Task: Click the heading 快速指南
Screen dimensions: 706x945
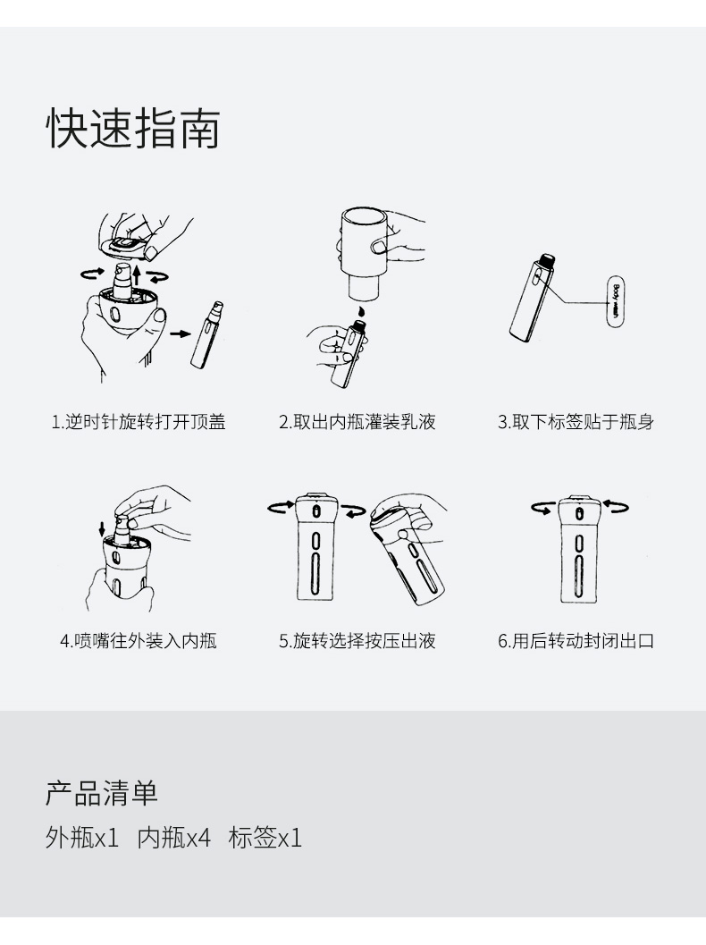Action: click(x=133, y=129)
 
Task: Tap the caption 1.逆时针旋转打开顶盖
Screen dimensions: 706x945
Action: click(x=139, y=422)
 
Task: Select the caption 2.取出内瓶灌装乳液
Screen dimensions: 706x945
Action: click(x=357, y=422)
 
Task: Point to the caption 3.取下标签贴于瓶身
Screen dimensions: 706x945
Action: click(x=576, y=422)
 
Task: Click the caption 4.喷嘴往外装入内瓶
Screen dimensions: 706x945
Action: click(x=139, y=641)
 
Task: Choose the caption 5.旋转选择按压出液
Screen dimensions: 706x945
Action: click(x=357, y=641)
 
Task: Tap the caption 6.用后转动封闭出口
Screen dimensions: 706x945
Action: click(x=576, y=641)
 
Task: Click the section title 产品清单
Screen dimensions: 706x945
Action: click(x=102, y=793)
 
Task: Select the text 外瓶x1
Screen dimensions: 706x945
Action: click(x=82, y=838)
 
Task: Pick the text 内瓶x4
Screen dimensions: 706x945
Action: click(x=174, y=838)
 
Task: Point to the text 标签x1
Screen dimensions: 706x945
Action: click(x=265, y=838)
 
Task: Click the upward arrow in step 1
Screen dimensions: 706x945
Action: click(x=138, y=275)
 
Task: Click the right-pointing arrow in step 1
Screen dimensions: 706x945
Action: click(x=180, y=333)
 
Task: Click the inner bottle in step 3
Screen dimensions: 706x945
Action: click(x=533, y=297)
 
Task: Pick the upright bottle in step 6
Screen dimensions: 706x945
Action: click(x=579, y=548)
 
